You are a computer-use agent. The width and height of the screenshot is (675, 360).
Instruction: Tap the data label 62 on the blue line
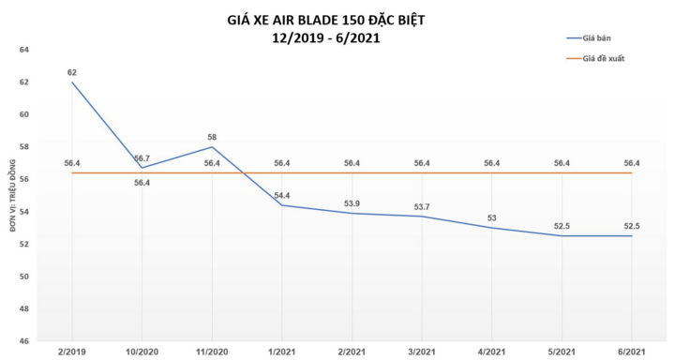coord(71,72)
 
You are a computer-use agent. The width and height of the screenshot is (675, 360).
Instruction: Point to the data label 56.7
coord(142,158)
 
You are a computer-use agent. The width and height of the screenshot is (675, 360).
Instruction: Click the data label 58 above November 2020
coord(212,137)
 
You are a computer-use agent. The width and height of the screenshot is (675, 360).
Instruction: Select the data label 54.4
coord(281,195)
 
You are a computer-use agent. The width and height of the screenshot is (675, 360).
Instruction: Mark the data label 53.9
coord(352,202)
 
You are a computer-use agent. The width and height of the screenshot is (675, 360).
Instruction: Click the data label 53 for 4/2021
coord(491,217)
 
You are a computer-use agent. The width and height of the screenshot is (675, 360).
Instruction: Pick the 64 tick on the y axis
coord(24,50)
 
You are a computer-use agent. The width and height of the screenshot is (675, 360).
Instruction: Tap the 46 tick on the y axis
coord(24,341)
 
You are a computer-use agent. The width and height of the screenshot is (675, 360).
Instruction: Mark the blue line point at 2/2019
coord(72,82)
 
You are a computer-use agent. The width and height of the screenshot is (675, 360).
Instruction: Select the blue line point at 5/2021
coord(561,235)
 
